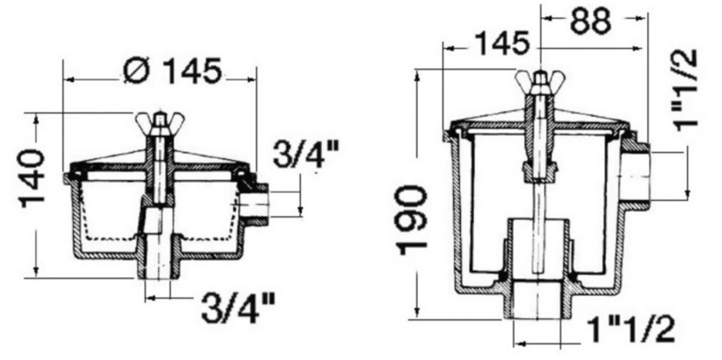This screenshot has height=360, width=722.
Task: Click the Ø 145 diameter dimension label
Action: [x=172, y=71]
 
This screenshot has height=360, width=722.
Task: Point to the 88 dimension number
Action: [x=590, y=21]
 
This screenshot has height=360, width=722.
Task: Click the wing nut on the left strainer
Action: [x=160, y=123]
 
